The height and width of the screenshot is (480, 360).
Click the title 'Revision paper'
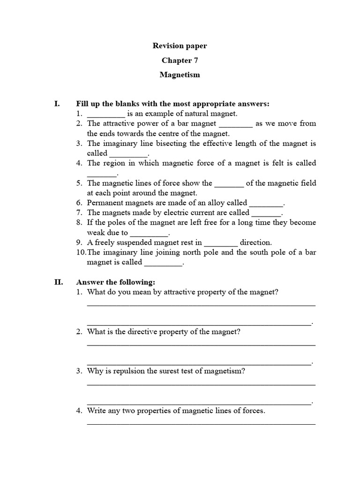click(180, 46)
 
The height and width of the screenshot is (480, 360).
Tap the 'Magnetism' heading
click(180, 75)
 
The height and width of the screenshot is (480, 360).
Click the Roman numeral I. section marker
click(57, 104)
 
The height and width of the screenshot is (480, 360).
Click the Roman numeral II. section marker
click(59, 282)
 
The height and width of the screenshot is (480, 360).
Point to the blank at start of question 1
click(106, 114)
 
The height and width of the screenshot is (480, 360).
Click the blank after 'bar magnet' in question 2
click(236, 124)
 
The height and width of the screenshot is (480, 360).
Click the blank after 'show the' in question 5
click(229, 183)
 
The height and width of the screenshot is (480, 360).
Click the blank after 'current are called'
click(266, 213)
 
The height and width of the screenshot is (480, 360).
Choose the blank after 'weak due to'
click(149, 233)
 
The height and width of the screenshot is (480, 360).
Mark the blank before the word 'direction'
click(221, 243)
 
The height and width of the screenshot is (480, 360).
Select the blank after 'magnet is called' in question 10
click(163, 262)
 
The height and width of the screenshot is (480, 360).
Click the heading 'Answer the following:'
click(115, 282)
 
